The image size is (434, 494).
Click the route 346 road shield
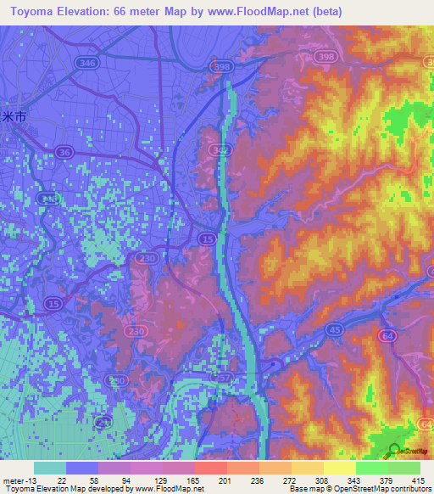click(85, 63)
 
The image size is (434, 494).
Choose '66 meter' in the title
click(143, 11)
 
